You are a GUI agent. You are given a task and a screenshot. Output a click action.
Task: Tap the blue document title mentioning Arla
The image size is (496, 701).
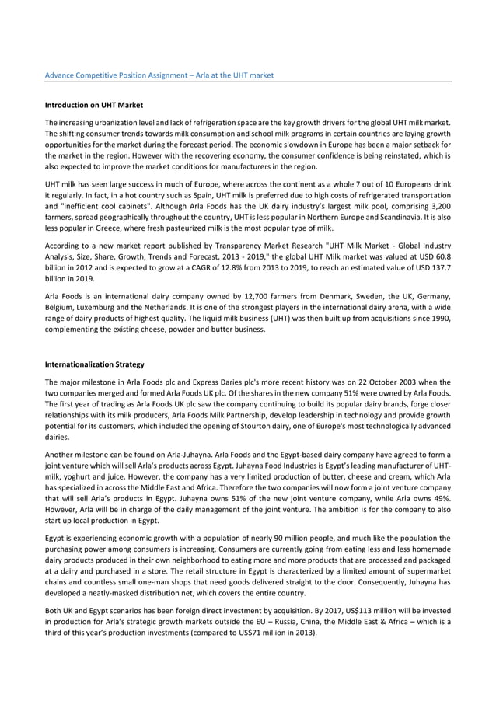click(159, 75)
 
